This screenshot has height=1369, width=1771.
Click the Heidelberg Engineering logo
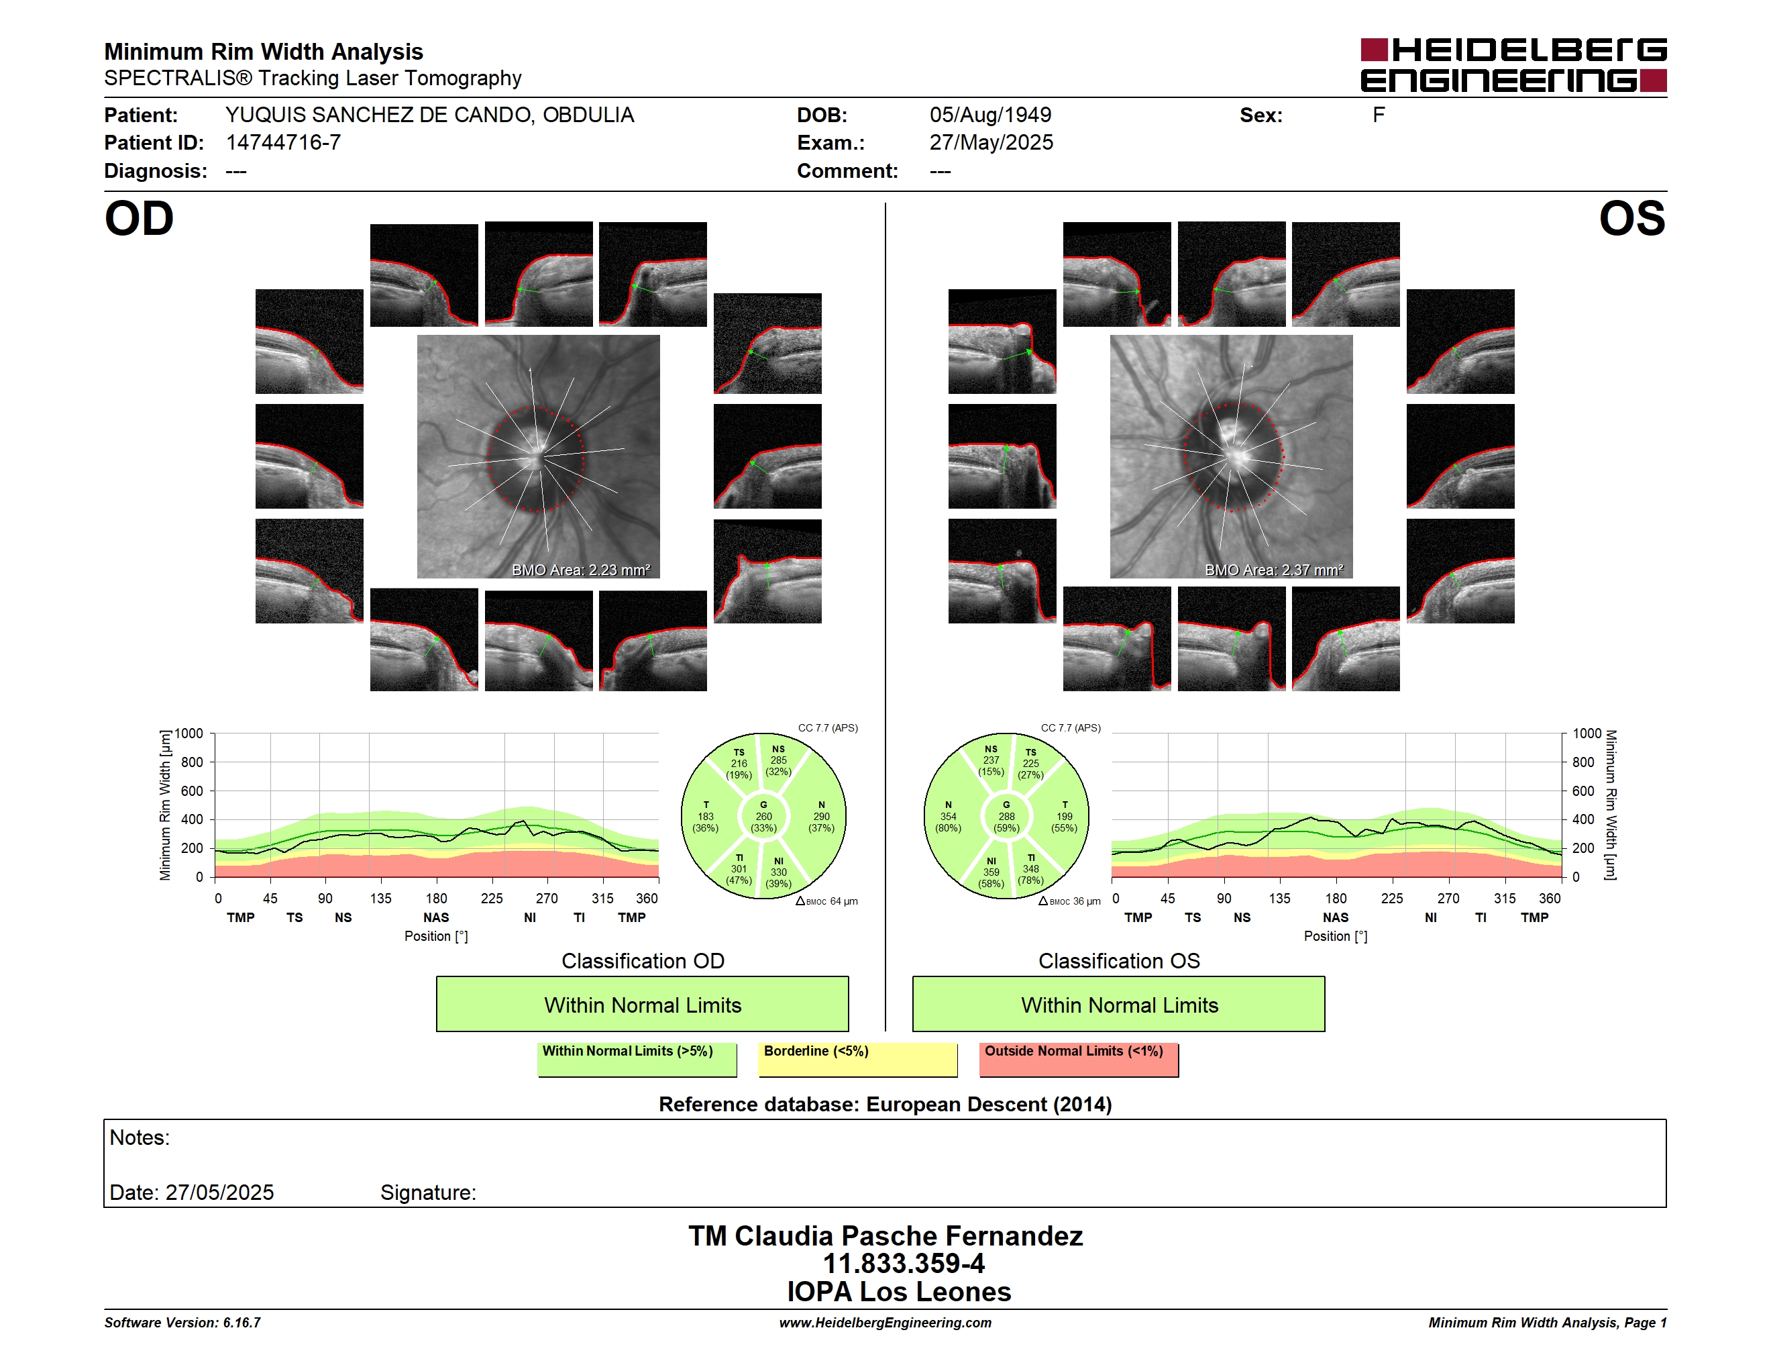[1513, 65]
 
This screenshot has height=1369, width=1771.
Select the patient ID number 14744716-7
[283, 143]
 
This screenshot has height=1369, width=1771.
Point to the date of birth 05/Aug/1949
[990, 115]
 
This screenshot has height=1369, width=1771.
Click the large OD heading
[140, 219]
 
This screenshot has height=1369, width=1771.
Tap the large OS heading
[1631, 219]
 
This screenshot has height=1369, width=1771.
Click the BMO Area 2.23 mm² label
[580, 570]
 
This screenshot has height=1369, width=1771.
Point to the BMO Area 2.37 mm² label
[1274, 570]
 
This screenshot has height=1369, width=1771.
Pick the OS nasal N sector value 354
[948, 817]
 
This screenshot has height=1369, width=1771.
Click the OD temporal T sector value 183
[706, 817]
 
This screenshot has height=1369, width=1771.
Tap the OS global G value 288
[1006, 817]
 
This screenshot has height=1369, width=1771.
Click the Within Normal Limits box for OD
[642, 1004]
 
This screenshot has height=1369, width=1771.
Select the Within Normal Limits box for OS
[1119, 1004]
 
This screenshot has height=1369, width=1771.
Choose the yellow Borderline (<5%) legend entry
[858, 1059]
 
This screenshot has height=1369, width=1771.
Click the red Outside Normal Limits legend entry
[1079, 1059]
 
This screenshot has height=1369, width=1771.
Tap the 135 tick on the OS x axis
[1279, 899]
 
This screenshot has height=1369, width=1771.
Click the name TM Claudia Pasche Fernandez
[885, 1236]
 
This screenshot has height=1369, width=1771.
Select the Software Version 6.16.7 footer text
[182, 1323]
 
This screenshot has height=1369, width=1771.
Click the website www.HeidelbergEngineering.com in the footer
[885, 1323]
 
